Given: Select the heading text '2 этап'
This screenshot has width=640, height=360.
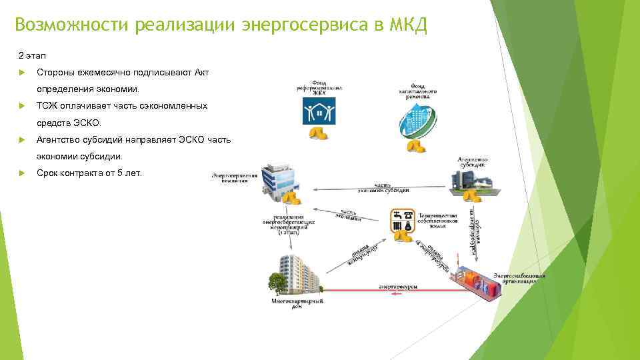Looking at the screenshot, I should click(x=33, y=54).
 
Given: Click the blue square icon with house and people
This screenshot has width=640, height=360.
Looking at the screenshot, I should click(x=318, y=111).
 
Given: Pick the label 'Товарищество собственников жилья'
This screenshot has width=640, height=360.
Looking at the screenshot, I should click(x=437, y=221).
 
